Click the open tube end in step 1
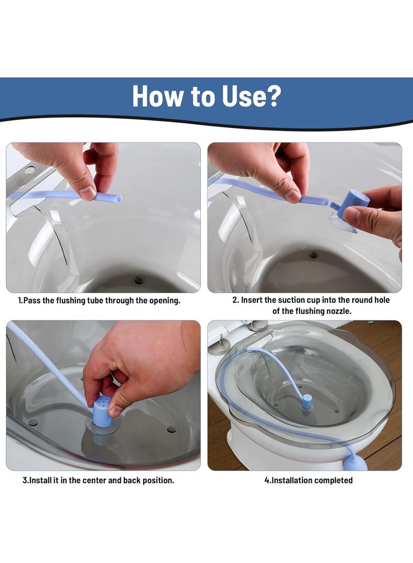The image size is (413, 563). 119,199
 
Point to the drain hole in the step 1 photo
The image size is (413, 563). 138,280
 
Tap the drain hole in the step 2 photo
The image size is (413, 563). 313,255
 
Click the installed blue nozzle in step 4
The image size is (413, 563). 306,401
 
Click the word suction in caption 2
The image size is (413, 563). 291,300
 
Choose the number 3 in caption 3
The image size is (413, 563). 25,480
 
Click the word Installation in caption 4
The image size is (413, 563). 289,480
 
